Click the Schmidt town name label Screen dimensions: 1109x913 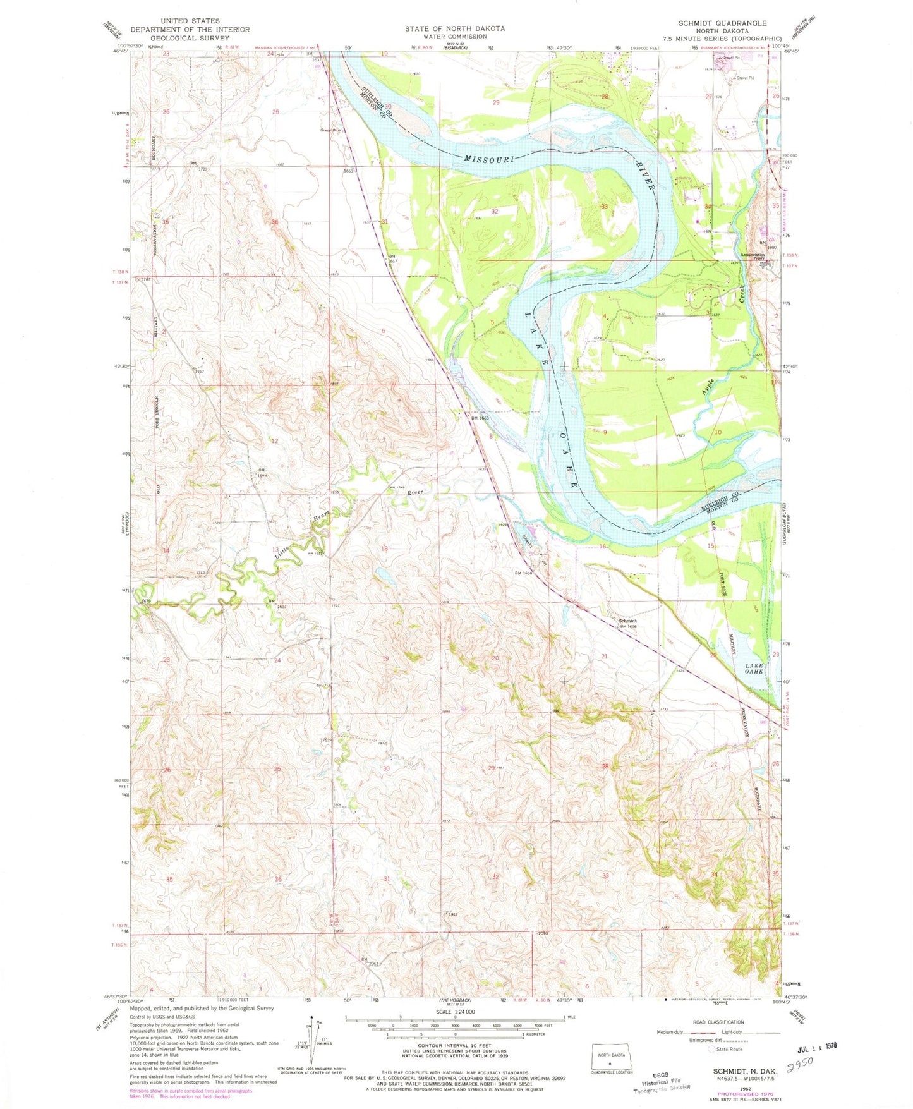[x=627, y=621]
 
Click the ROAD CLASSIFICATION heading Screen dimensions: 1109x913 [x=736, y=1022]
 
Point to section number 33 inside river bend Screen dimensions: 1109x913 [x=605, y=207]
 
